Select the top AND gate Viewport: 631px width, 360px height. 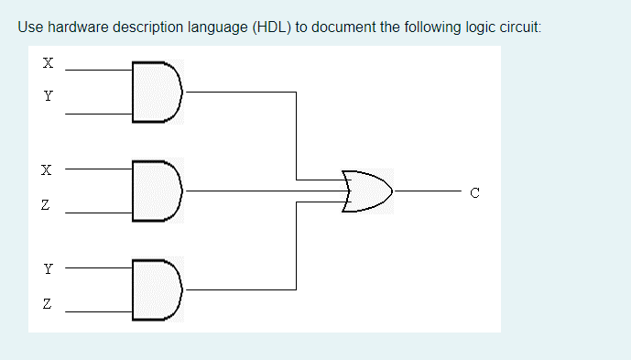157,90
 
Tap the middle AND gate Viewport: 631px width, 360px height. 157,190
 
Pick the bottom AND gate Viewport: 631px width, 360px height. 157,290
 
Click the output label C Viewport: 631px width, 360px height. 473,191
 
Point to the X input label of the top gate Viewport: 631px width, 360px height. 48,64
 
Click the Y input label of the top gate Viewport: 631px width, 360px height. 48,94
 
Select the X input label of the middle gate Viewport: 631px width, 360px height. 48,170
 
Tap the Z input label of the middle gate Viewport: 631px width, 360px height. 48,211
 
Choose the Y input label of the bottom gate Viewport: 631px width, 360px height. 48,270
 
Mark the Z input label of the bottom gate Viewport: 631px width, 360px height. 48,303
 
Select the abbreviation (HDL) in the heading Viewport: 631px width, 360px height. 270,27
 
